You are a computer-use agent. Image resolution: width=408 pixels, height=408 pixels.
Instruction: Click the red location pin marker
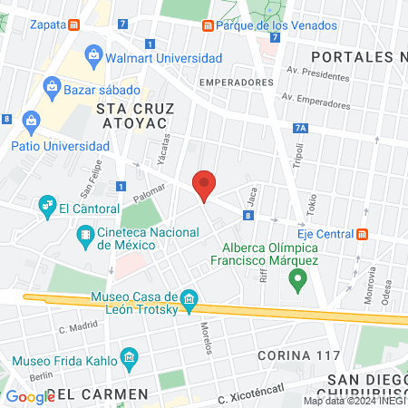pos(205,184)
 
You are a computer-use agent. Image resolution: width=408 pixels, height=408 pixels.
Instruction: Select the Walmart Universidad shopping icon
pos(94,58)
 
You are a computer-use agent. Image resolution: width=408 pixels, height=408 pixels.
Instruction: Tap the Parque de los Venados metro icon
pos(208,25)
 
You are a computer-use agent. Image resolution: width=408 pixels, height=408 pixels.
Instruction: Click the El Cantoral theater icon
pos(45,208)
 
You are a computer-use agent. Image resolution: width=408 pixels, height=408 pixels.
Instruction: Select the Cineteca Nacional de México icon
pos(85,238)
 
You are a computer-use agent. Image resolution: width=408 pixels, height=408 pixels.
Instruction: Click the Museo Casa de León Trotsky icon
pos(189,299)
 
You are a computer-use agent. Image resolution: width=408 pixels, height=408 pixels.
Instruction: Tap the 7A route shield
pos(301,129)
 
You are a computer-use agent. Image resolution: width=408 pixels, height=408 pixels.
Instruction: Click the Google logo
pos(29,396)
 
